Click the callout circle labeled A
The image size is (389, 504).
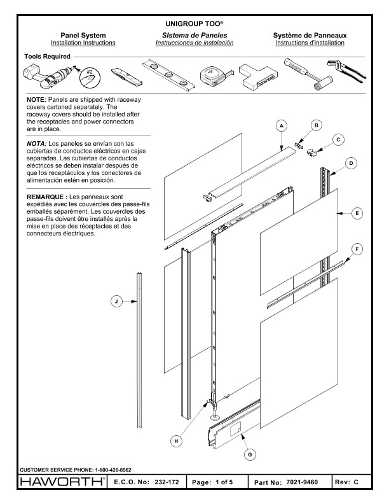coord(280,127)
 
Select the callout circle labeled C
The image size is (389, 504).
coord(339,139)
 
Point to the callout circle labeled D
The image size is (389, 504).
coord(351,163)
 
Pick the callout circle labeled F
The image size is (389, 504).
coord(359,250)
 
